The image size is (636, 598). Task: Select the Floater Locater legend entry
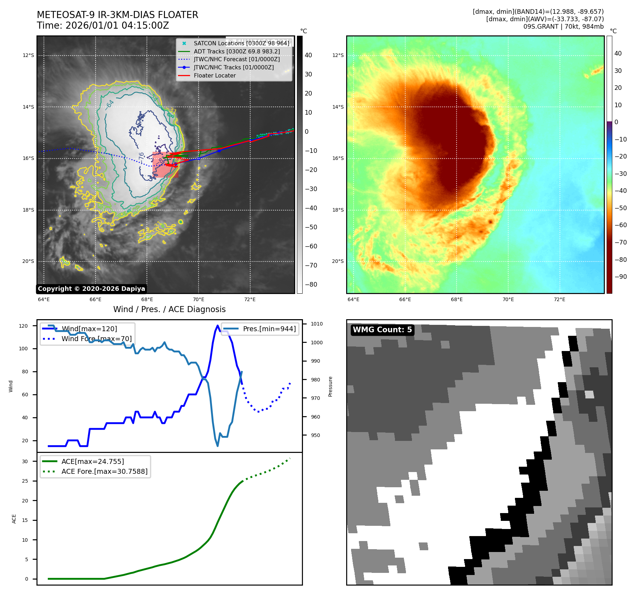(214, 75)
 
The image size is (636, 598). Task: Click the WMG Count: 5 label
(382, 330)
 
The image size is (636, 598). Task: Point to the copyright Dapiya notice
(91, 289)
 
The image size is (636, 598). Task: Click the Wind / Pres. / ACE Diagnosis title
(169, 309)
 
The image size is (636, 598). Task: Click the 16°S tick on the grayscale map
(28, 158)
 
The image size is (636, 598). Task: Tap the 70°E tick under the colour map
(508, 299)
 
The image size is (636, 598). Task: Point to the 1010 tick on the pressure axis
(316, 324)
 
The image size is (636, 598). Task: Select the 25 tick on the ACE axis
(25, 481)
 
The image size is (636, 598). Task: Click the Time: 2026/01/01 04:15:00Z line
(103, 25)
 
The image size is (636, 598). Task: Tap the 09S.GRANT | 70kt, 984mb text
(563, 27)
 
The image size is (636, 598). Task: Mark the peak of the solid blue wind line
(217, 326)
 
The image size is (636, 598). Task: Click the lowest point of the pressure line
(217, 446)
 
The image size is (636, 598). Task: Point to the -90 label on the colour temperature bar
(620, 277)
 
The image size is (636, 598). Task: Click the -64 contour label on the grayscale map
(109, 105)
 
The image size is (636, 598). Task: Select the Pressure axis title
(330, 386)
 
